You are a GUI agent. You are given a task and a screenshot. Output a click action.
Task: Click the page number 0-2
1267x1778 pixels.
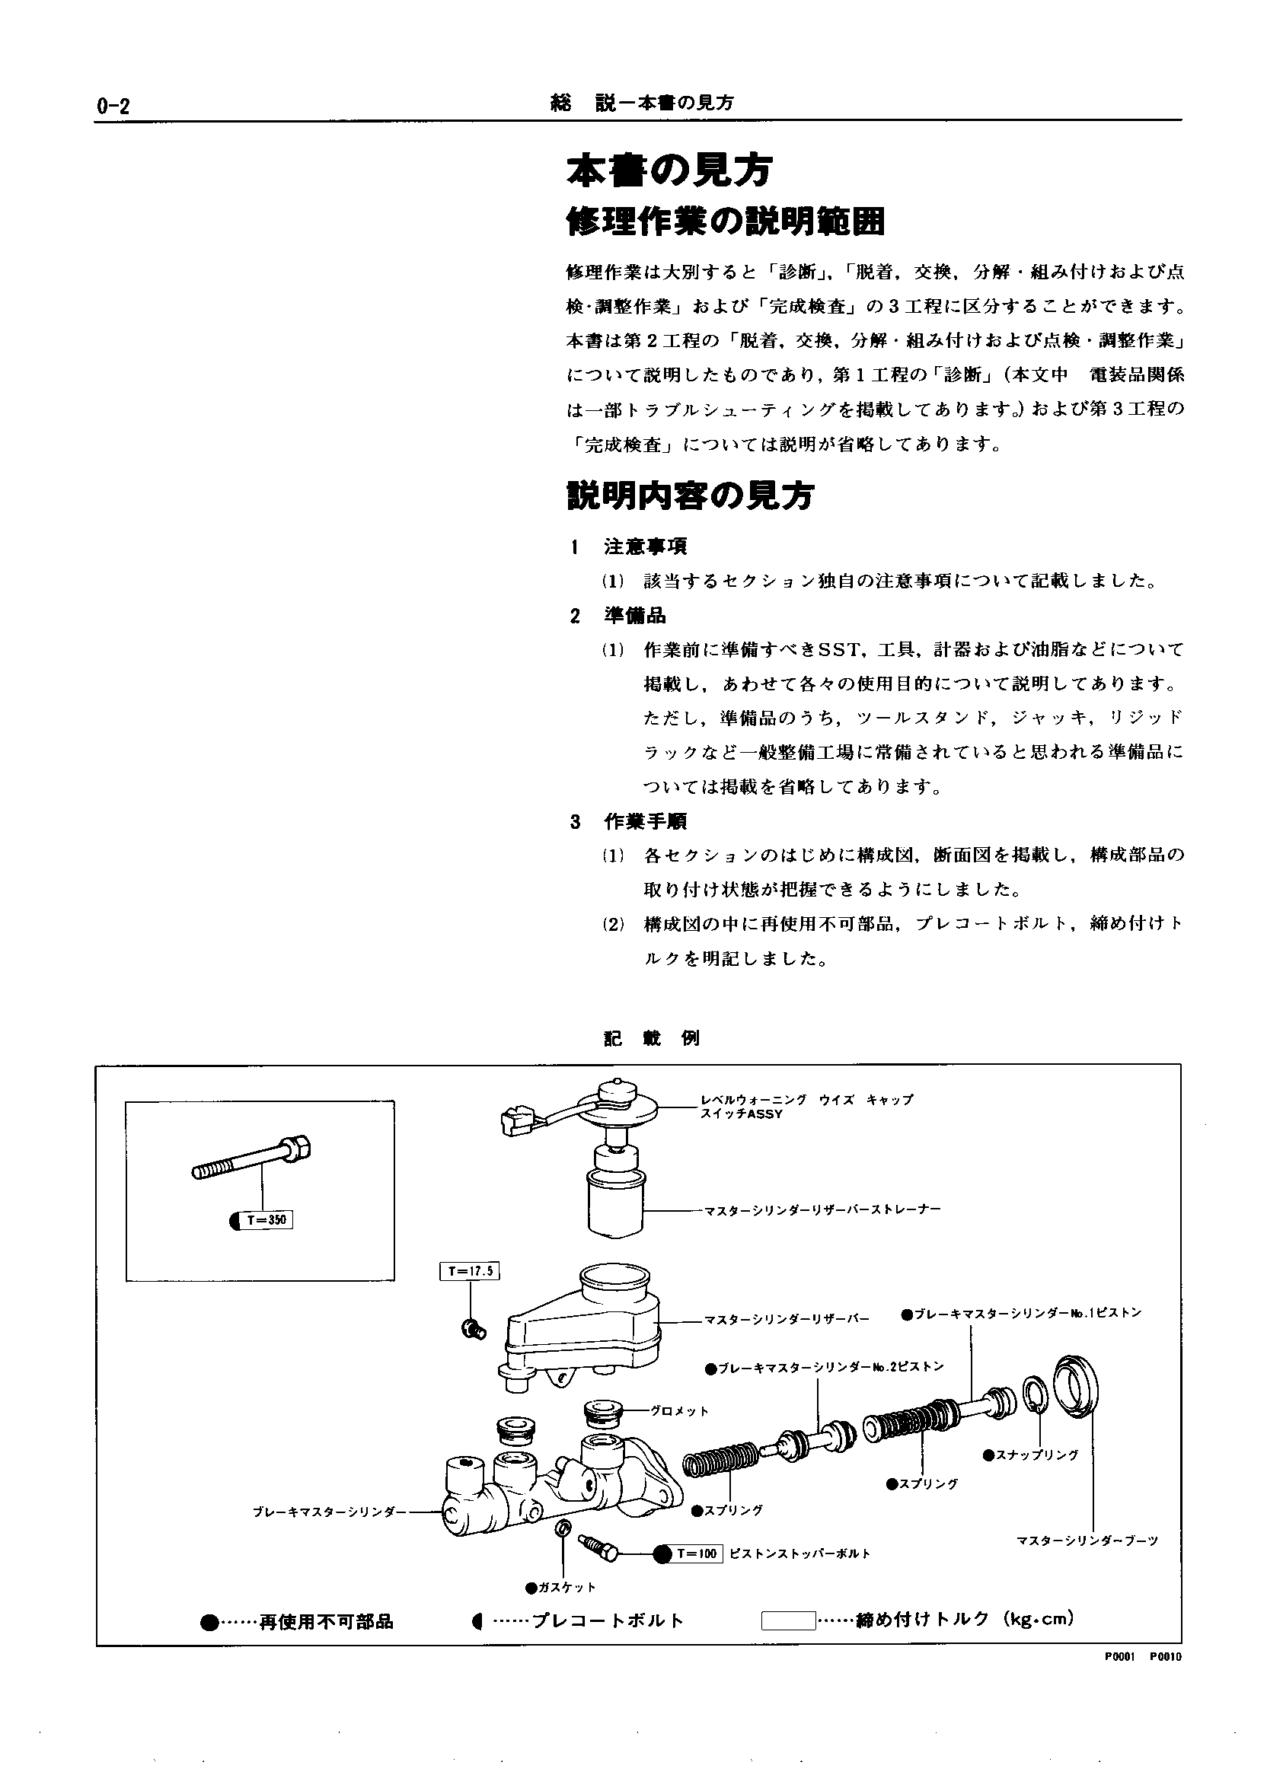113,107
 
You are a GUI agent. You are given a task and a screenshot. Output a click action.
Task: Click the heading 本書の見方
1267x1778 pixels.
669,170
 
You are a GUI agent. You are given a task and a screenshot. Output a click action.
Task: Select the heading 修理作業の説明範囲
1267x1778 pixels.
726,223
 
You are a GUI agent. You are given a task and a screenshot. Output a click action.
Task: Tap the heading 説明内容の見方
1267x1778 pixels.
691,495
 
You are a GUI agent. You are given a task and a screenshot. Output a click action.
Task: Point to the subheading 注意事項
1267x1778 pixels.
645,546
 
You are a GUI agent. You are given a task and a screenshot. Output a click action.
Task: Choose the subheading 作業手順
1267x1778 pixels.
645,821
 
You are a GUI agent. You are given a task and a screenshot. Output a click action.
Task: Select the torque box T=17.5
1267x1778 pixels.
470,1271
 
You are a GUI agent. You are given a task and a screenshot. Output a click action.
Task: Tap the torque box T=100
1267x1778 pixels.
697,1553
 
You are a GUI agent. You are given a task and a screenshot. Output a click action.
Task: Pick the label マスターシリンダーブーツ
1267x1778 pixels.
1087,1541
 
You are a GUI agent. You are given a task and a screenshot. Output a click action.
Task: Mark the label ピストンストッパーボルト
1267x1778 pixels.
799,1553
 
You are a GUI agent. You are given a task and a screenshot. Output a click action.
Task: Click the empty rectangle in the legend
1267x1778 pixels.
788,1620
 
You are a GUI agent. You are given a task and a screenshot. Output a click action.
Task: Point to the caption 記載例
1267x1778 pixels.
652,1039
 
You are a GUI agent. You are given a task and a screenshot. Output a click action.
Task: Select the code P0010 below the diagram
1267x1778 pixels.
1166,1657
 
